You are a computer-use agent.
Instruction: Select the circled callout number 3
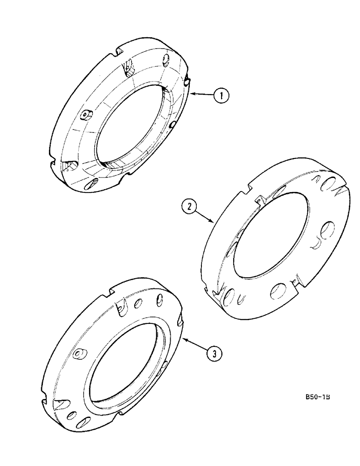tap(213, 354)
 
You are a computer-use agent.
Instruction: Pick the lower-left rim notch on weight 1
tap(52, 152)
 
